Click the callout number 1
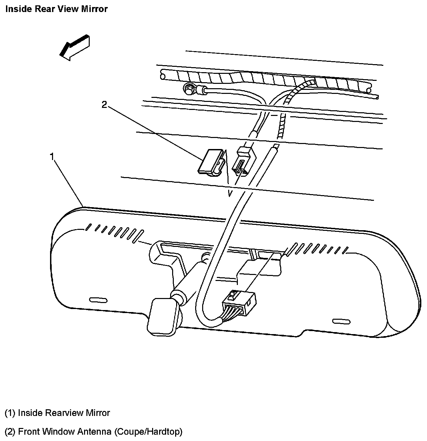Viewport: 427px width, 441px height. pos(52,156)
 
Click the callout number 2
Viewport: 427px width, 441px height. pos(104,105)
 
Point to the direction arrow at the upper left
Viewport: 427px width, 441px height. pos(74,47)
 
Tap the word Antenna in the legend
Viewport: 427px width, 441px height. pos(94,432)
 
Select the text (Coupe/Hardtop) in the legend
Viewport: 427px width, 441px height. pos(148,432)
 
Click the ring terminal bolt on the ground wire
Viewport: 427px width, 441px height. pos(189,88)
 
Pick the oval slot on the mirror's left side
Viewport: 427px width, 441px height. pos(99,300)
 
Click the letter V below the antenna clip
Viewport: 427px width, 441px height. pos(230,193)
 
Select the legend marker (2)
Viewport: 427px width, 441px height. pos(10,432)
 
